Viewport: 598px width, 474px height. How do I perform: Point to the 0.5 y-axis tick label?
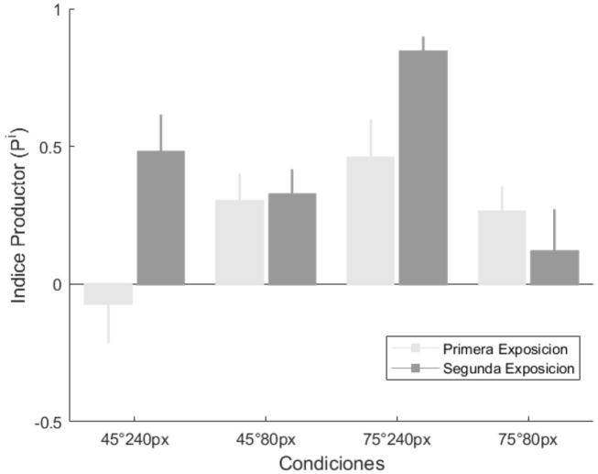(x=51, y=148)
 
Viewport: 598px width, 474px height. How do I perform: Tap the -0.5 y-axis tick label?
(x=49, y=423)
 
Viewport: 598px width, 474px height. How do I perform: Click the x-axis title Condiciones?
(x=332, y=463)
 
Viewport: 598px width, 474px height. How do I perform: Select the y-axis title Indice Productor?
(x=19, y=215)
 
